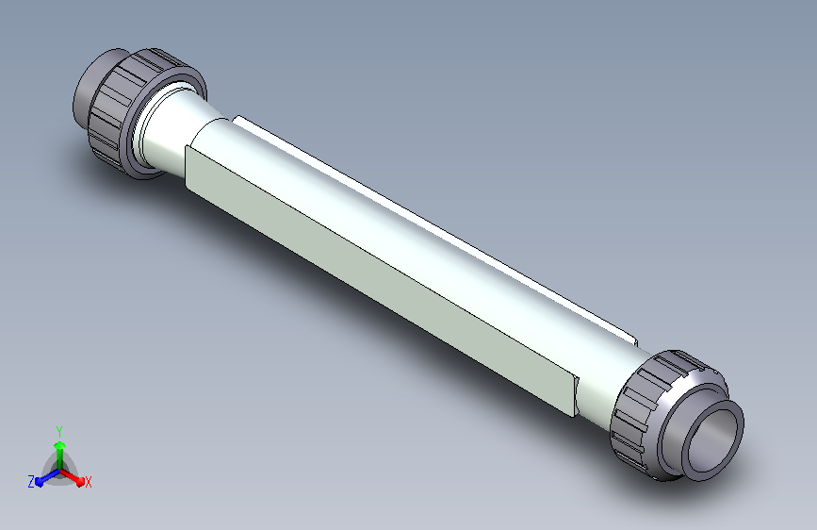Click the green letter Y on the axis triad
click(x=59, y=431)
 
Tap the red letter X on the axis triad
click(x=88, y=482)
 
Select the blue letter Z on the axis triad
click(x=31, y=482)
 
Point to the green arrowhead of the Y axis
click(x=60, y=445)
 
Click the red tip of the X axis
click(x=80, y=482)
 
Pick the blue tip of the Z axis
click(x=40, y=482)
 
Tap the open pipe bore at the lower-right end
click(x=714, y=441)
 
